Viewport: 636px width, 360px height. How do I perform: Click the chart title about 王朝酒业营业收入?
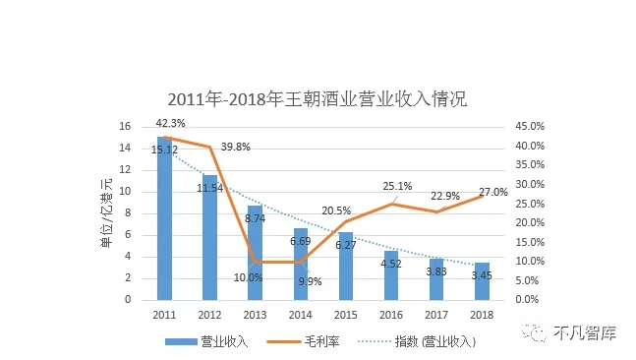pyautogui.click(x=317, y=99)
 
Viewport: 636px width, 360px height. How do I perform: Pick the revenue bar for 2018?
pyautogui.click(x=482, y=281)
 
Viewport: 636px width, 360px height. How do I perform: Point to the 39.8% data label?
pyautogui.click(x=236, y=147)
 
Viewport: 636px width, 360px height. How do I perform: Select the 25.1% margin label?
pyautogui.click(x=397, y=186)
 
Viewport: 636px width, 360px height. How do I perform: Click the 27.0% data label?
pyautogui.click(x=492, y=193)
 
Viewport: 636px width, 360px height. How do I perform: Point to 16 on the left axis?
pyautogui.click(x=125, y=127)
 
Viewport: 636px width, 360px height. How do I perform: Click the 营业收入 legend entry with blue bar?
pyautogui.click(x=212, y=341)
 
